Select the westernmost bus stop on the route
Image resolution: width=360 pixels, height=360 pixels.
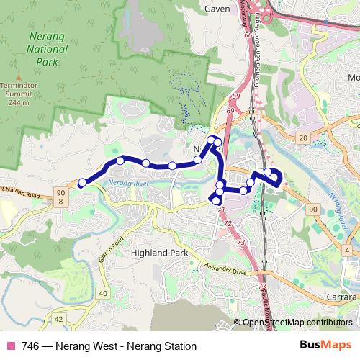coord(82,183)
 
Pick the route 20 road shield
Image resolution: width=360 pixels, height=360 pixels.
coord(303,137)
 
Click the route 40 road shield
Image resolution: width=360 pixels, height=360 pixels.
coord(103,293)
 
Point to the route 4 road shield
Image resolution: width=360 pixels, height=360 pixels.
coord(348,250)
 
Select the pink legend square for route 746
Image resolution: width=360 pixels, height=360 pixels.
coord(10,346)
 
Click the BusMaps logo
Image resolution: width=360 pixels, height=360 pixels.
coord(321,346)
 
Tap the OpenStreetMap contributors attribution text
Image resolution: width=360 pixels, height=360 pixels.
coord(297,323)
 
